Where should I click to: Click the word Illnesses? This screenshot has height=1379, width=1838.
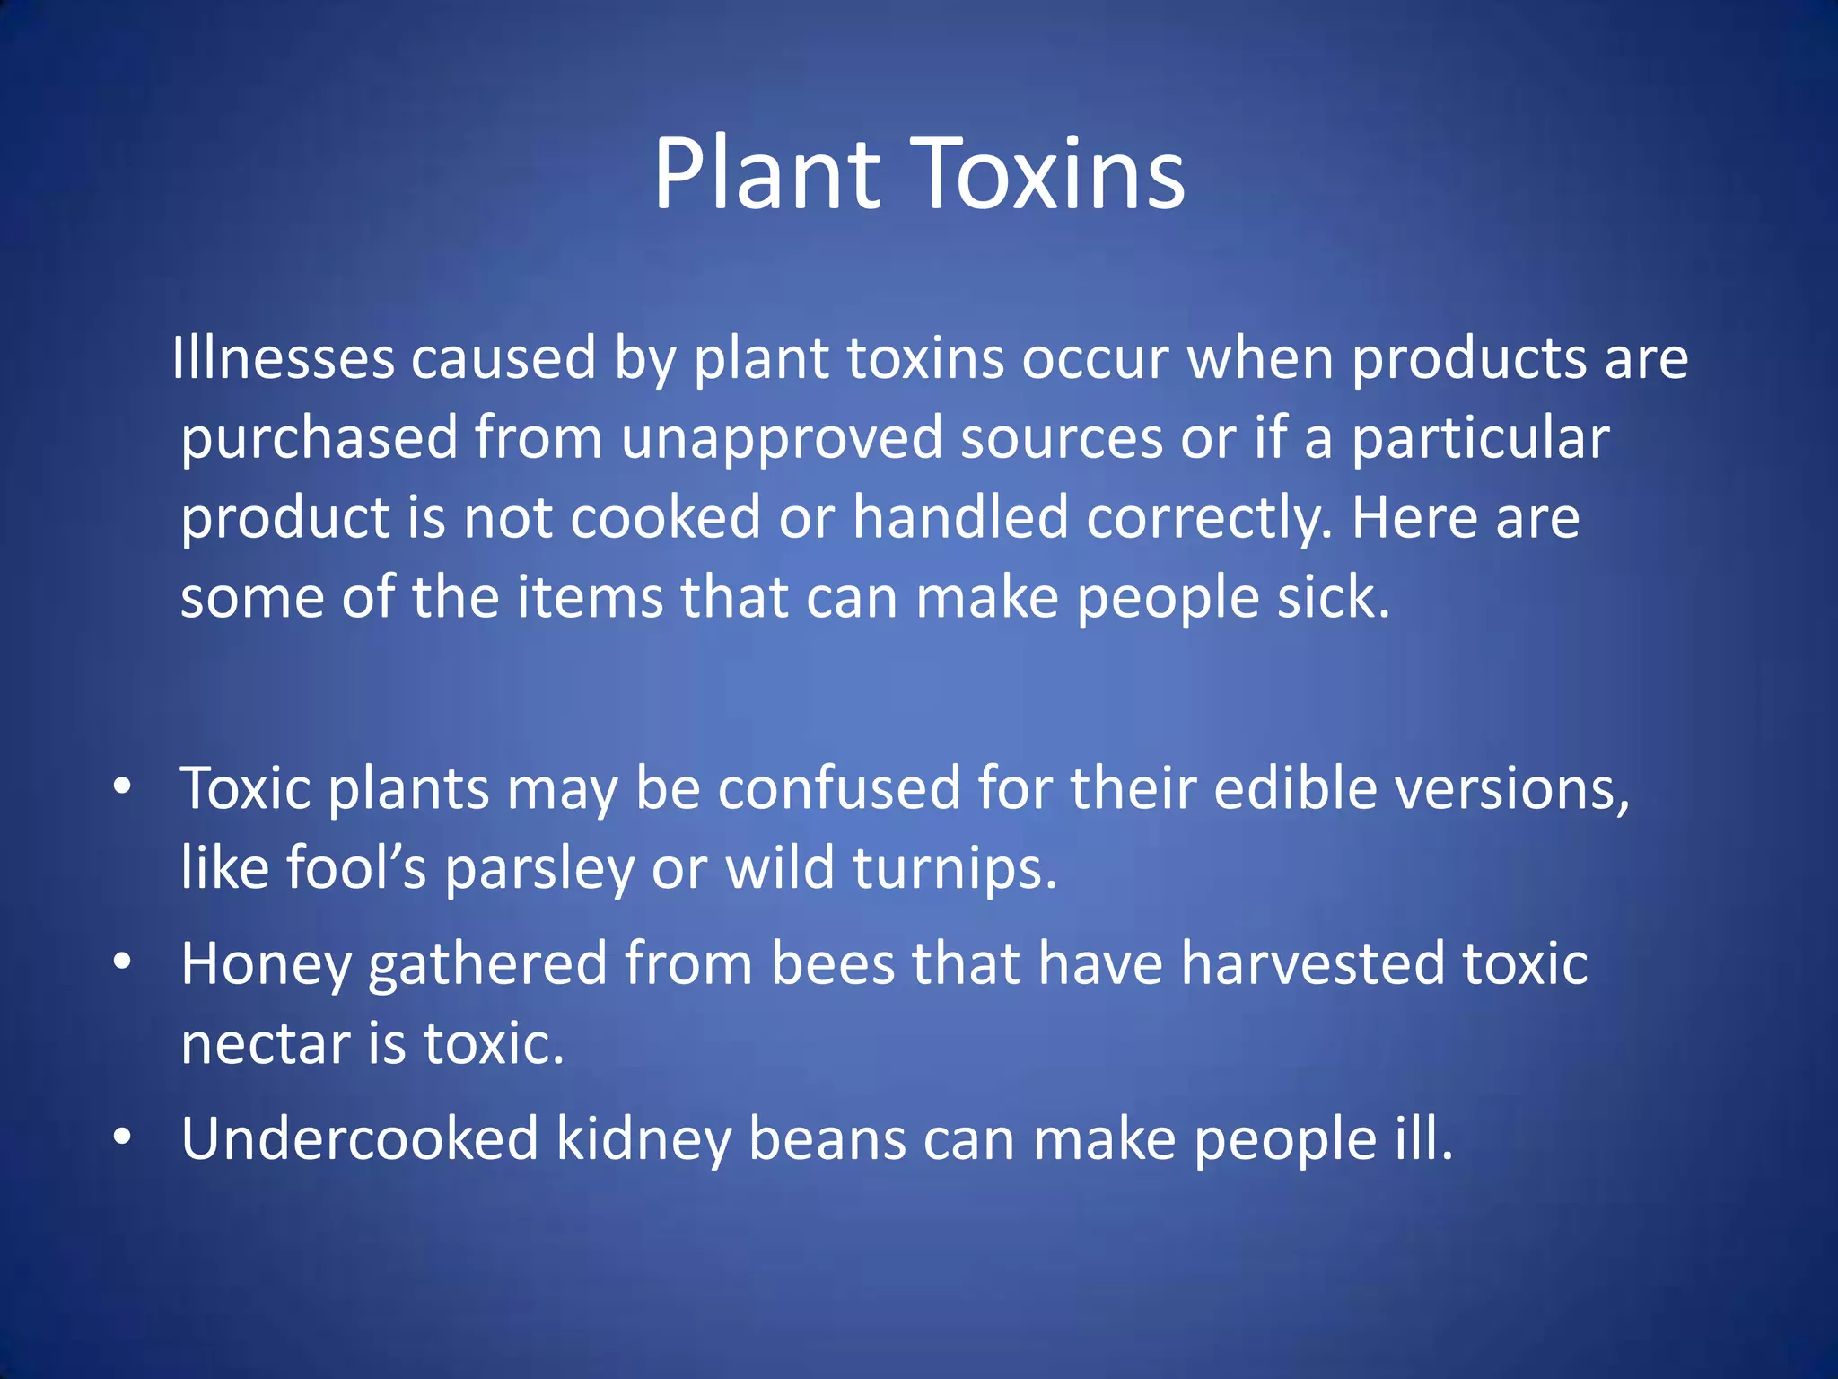click(283, 358)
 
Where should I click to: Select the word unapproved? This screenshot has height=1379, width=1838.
click(782, 439)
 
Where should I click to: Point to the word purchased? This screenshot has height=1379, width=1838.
click(319, 439)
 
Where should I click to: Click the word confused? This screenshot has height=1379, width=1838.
click(838, 788)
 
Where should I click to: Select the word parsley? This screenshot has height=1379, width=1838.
click(539, 869)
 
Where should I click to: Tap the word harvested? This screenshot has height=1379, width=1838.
click(1312, 963)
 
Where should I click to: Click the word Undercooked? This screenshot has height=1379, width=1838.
click(359, 1138)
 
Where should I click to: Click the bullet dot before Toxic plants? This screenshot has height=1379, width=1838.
click(123, 787)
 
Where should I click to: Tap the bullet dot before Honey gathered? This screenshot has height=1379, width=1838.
click(123, 962)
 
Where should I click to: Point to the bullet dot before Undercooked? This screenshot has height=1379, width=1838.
click(123, 1137)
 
